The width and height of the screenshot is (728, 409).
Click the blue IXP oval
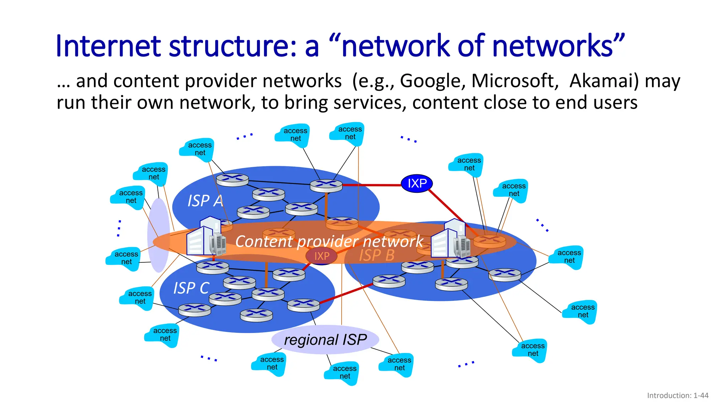click(x=417, y=184)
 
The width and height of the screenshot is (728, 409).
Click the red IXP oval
click(x=322, y=256)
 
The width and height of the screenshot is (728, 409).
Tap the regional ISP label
click(x=325, y=340)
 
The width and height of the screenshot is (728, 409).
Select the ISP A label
click(x=205, y=201)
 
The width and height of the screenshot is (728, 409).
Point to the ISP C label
click(x=191, y=288)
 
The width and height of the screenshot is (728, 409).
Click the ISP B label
click(x=376, y=255)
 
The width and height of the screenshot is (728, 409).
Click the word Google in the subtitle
click(x=432, y=81)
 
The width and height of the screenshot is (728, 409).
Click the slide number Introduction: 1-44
click(x=678, y=396)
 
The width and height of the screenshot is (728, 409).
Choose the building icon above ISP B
click(x=450, y=239)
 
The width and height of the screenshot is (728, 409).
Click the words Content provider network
click(x=329, y=241)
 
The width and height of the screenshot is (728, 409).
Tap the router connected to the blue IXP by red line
click(x=326, y=185)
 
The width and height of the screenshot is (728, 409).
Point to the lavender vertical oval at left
click(x=158, y=234)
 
